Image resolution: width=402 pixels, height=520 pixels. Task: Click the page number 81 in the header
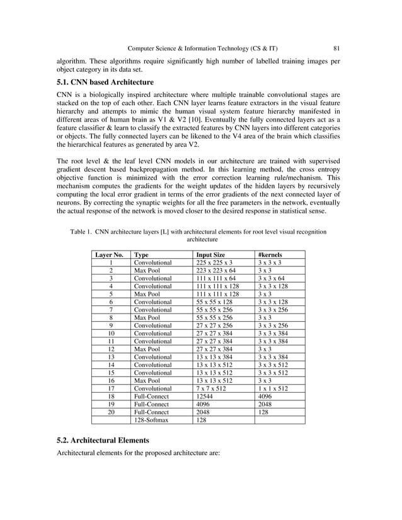(337, 48)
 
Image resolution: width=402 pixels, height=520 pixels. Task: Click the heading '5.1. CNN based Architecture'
(105, 82)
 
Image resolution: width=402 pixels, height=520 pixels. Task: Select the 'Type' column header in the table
(141, 255)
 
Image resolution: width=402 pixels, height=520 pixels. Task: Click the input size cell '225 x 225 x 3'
(214, 263)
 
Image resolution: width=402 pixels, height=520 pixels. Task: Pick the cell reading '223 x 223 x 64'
(216, 271)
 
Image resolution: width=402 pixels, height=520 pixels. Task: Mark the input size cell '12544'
(205, 397)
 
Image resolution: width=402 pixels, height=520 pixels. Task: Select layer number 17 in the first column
(111, 389)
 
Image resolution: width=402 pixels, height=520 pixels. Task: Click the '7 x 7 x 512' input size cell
(212, 389)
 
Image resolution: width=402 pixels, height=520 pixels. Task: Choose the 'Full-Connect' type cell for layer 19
(151, 404)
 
